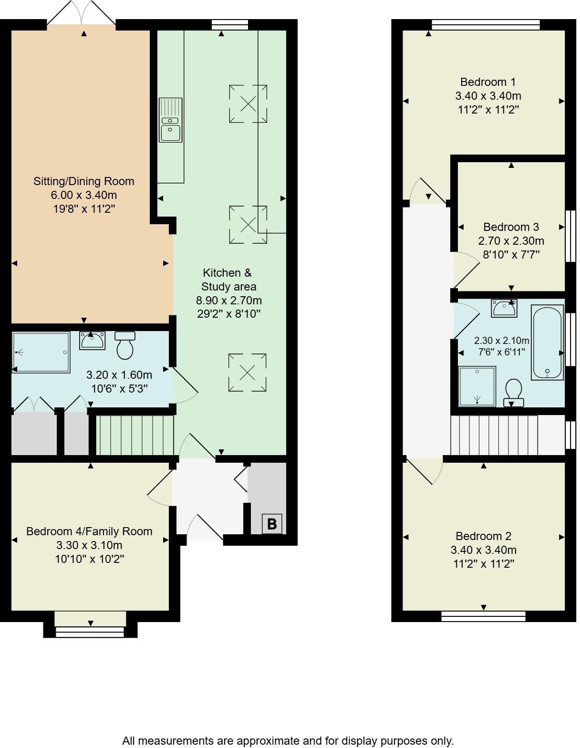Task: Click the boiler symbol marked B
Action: pos(272,524)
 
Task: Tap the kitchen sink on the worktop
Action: pos(170,120)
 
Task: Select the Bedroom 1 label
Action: pos(488,82)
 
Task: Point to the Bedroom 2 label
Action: pos(483,536)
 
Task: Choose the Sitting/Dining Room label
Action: pos(83,181)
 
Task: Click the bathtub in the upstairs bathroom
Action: pos(548,343)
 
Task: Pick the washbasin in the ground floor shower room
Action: pos(92,340)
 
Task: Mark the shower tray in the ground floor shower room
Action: pos(41,353)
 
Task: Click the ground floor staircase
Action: pos(135,435)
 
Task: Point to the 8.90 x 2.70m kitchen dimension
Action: pos(229,301)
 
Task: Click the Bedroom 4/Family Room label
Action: pos(89,531)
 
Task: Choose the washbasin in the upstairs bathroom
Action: pos(504,309)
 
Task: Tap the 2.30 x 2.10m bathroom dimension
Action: pos(501,341)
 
